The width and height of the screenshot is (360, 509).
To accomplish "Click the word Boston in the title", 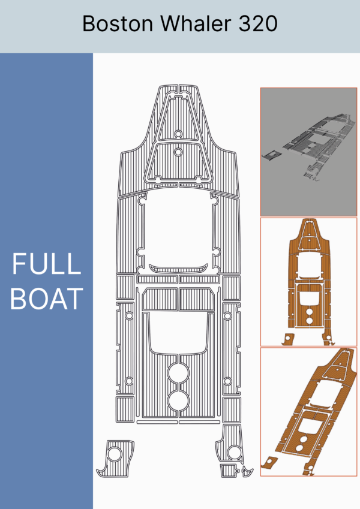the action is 117,23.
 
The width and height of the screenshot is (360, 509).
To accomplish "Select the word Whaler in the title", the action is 196,23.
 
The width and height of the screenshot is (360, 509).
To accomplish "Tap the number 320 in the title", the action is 258,23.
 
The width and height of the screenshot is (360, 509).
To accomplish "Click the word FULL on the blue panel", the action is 46,263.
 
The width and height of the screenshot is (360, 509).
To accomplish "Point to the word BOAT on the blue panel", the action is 46,299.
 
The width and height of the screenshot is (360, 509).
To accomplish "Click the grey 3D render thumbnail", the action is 308,152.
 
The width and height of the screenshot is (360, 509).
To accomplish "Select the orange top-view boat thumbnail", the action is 308,282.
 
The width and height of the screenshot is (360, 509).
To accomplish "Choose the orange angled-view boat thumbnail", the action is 308,412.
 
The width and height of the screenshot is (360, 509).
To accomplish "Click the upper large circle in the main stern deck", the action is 178,374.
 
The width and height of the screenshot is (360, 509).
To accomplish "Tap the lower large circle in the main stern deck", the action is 178,401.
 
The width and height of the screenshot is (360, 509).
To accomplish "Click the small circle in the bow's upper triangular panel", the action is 178,134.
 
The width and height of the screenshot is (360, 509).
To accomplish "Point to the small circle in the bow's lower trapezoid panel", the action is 178,152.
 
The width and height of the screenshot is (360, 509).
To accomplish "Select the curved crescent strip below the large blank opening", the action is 178,269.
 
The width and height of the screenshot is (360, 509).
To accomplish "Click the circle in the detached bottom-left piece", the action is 115,454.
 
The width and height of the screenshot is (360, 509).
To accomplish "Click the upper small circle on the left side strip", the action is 129,315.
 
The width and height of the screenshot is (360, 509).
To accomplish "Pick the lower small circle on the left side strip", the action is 129,381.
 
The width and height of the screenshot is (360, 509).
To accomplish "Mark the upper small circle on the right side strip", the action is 228,315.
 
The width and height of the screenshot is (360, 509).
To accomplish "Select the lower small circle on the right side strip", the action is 228,381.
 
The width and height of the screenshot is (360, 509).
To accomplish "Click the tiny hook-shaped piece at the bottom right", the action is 248,471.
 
